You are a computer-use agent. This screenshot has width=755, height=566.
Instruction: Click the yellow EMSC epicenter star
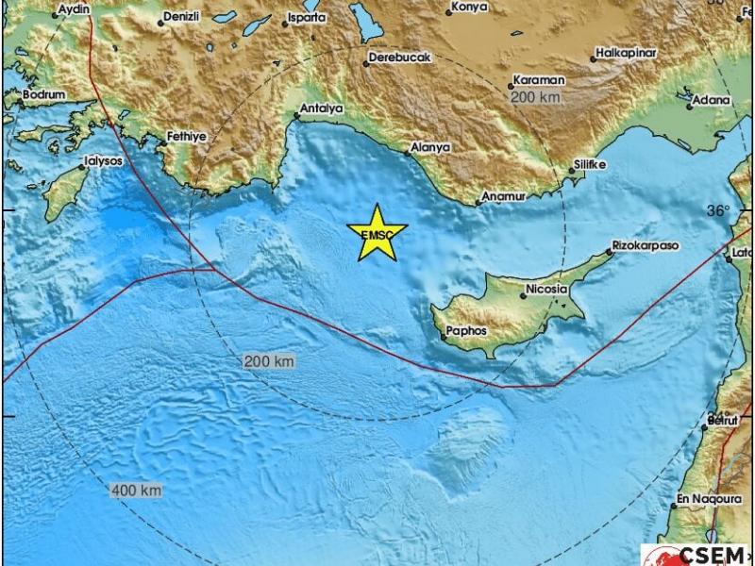(377, 233)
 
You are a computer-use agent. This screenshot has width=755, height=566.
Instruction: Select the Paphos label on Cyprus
(466, 331)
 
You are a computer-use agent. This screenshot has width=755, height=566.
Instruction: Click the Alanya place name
(430, 148)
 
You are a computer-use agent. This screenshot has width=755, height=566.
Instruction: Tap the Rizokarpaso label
(646, 245)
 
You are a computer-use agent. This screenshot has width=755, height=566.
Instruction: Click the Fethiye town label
(186, 136)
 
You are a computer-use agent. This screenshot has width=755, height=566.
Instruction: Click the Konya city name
(470, 7)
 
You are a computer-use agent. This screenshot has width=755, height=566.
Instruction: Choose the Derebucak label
(399, 58)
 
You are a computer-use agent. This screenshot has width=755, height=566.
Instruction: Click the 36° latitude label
(719, 211)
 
